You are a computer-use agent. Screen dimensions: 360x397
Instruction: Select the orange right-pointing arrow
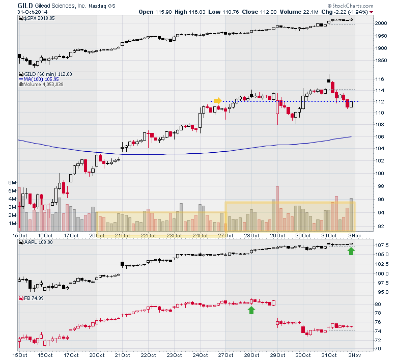217,100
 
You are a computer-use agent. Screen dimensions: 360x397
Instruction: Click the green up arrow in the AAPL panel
351,250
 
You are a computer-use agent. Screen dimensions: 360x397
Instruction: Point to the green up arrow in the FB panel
251,310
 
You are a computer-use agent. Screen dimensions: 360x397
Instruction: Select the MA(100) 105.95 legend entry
39,79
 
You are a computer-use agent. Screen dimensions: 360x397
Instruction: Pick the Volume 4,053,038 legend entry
42,85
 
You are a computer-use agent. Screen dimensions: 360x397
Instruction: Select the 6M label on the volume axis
12,182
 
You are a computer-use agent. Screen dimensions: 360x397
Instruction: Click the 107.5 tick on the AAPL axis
383,245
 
